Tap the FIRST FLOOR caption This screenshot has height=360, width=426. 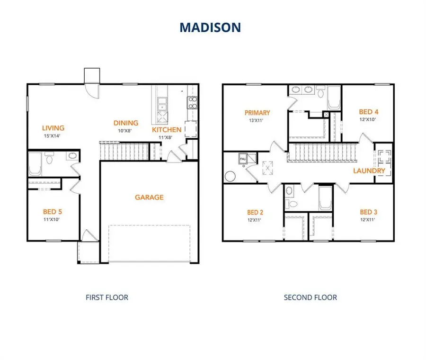tap(106, 297)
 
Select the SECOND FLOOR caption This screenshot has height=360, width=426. tap(311, 297)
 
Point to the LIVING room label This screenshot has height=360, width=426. tap(53, 128)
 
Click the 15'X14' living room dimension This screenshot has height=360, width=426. tap(53, 136)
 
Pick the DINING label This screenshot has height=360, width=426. tap(125, 123)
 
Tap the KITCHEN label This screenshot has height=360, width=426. tap(167, 130)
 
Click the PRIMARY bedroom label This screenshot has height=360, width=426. tap(257, 113)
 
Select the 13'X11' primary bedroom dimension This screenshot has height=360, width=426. tap(257, 121)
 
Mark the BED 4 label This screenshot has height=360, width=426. tap(369, 112)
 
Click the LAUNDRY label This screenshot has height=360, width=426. tap(369, 171)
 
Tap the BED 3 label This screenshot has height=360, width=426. tap(369, 212)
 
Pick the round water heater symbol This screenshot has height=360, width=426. tap(231, 176)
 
